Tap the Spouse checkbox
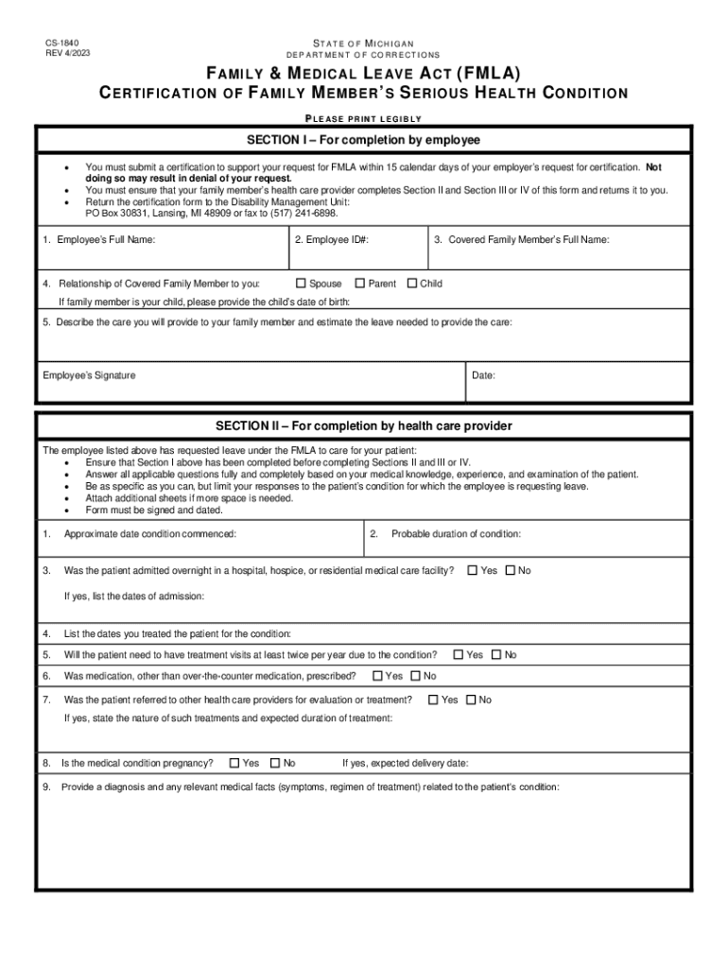click(x=302, y=283)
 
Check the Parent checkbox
click(x=360, y=283)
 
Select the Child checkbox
click(x=412, y=283)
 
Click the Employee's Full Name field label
click(x=99, y=240)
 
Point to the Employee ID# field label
click(x=331, y=240)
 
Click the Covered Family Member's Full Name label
click(x=522, y=240)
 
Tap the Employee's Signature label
click(x=89, y=375)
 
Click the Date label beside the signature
click(x=483, y=375)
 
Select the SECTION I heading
click(x=364, y=140)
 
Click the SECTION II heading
click(x=364, y=426)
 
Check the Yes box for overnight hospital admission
click(x=473, y=570)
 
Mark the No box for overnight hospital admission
click(x=511, y=570)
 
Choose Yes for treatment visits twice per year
click(x=459, y=654)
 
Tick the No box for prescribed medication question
click(x=415, y=676)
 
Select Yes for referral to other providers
click(x=433, y=700)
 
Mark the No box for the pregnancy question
click(x=275, y=763)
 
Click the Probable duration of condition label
click(x=456, y=534)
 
